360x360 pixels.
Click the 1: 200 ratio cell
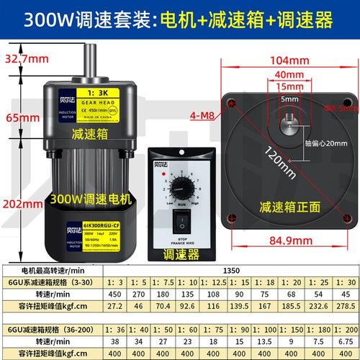[343, 331]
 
